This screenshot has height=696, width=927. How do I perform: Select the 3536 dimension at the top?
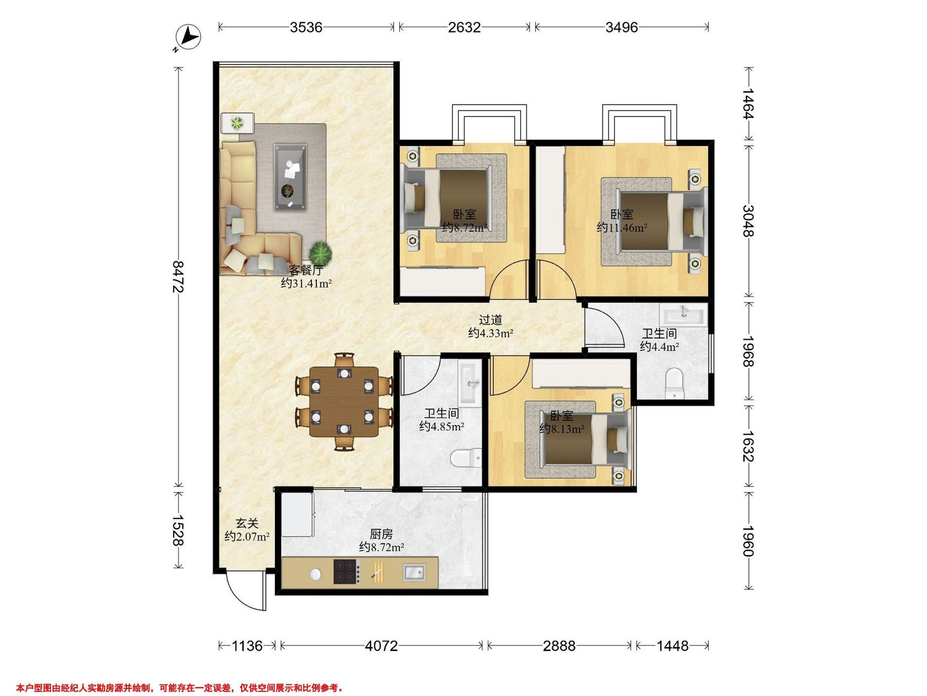click(x=306, y=27)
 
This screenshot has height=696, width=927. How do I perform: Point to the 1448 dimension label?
click(x=672, y=646)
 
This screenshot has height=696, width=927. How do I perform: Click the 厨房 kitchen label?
click(x=381, y=534)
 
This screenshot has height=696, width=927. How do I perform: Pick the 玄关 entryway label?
click(x=247, y=523)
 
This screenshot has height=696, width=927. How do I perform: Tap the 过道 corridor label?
click(x=490, y=320)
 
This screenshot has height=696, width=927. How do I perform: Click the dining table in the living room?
click(x=344, y=401)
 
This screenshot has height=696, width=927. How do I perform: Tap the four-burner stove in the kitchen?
click(x=346, y=571)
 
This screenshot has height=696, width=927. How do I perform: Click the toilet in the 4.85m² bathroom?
click(x=465, y=459)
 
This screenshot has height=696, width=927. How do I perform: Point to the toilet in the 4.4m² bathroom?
click(x=674, y=383)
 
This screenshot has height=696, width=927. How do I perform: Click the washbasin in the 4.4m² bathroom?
click(x=684, y=314)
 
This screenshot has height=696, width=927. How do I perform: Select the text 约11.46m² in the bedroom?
click(x=622, y=228)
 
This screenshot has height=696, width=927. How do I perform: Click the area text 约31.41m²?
click(x=306, y=283)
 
